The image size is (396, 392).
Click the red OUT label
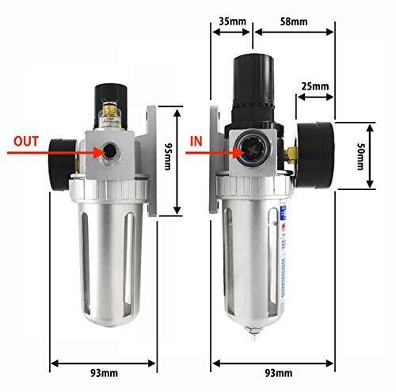coord(26,141)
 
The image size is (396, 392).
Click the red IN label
coord(196,142)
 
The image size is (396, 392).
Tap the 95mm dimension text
coord(168,157)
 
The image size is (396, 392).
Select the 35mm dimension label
coord(232,21)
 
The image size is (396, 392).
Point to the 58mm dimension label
coord(294,21)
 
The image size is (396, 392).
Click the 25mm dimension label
coord(315,86)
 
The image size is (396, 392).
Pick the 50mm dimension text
coord(360,157)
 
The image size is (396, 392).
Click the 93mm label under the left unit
coord(104,373)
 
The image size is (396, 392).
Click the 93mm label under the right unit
coord(279,373)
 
